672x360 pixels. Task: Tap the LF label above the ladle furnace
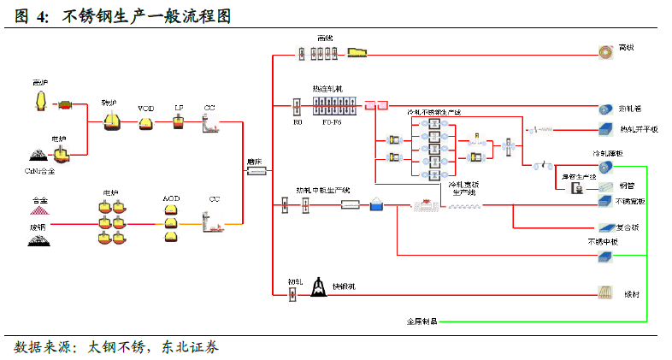click(179, 108)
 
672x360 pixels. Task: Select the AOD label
click(172, 198)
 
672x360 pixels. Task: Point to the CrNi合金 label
click(41, 170)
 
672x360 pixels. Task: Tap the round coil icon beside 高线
click(606, 50)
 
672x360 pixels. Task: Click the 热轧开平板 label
click(640, 130)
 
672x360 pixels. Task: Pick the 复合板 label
click(628, 227)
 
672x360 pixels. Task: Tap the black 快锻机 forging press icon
click(318, 290)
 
